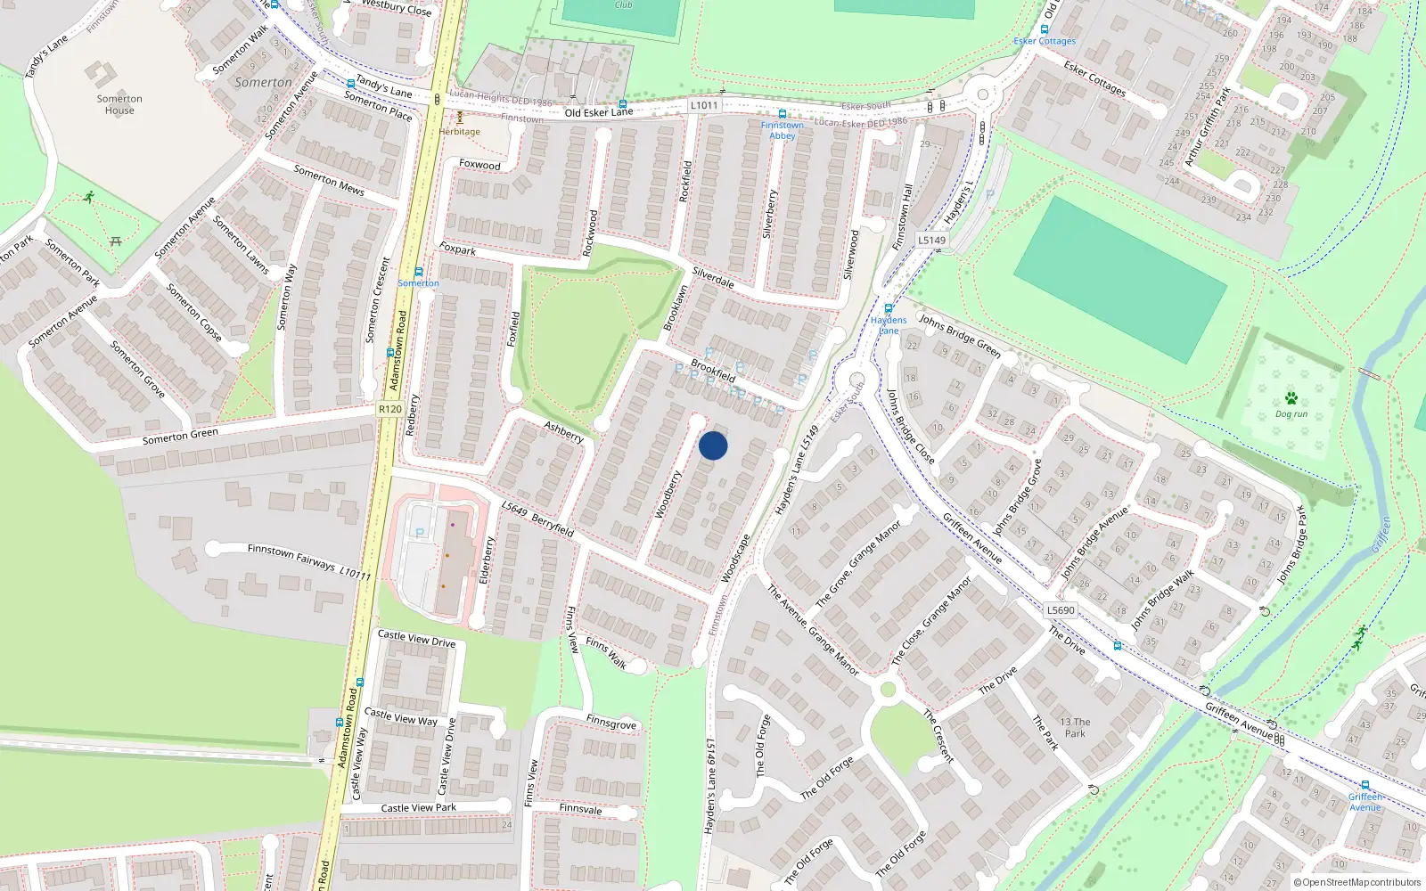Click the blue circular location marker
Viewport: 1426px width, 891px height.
pyautogui.click(x=713, y=445)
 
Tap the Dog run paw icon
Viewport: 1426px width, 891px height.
pyautogui.click(x=1291, y=397)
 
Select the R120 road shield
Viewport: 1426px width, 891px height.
pyautogui.click(x=389, y=409)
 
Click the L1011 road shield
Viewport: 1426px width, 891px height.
pyautogui.click(x=703, y=105)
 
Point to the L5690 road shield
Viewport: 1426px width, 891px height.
pyautogui.click(x=1061, y=610)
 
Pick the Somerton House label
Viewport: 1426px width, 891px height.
pyautogui.click(x=119, y=104)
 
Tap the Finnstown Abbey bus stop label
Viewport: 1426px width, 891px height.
pyautogui.click(x=782, y=130)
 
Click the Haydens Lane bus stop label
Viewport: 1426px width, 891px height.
pyautogui.click(x=889, y=325)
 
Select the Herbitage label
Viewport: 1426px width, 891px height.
pyautogui.click(x=459, y=132)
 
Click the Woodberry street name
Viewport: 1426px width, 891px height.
pyautogui.click(x=668, y=494)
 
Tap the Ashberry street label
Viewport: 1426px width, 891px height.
pyautogui.click(x=564, y=432)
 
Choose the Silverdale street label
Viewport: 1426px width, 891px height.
pyautogui.click(x=713, y=278)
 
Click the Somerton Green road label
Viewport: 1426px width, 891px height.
pyautogui.click(x=180, y=436)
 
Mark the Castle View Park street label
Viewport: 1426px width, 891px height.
pyautogui.click(x=418, y=808)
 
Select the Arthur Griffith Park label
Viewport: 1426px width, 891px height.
pyautogui.click(x=1208, y=126)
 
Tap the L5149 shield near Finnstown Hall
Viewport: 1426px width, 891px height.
pyautogui.click(x=931, y=240)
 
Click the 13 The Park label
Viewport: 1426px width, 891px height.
pyautogui.click(x=1075, y=728)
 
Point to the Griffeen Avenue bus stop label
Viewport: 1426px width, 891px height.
pyautogui.click(x=1365, y=802)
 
